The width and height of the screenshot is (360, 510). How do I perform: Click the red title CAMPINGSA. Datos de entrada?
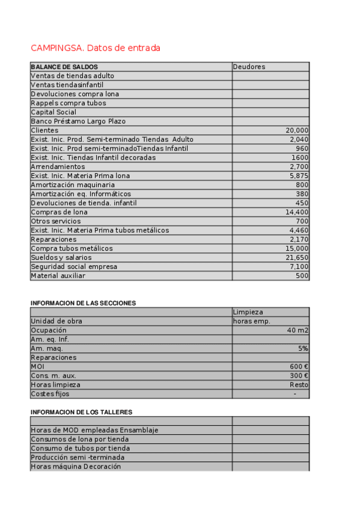[x=95, y=48]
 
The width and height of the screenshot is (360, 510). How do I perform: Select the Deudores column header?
[x=249, y=67]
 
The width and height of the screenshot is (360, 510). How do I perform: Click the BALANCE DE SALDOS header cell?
[x=64, y=67]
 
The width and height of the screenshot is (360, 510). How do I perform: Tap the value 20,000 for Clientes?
[x=297, y=131]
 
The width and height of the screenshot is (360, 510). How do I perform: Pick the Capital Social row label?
[x=53, y=112]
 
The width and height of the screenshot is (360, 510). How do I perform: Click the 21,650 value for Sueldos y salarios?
[x=297, y=257]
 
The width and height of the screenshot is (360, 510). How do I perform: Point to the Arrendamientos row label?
[x=58, y=167]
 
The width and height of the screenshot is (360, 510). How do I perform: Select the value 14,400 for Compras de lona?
[x=297, y=212]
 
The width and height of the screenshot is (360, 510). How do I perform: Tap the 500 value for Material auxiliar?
[x=302, y=275]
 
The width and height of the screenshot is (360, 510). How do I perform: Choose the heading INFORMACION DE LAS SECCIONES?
[x=83, y=303]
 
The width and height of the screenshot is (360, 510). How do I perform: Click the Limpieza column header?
[x=248, y=312]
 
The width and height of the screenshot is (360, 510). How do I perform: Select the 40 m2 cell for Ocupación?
[x=297, y=330]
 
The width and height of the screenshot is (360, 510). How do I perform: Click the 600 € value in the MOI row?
[x=299, y=366]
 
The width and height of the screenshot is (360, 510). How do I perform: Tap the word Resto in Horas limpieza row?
[x=299, y=384]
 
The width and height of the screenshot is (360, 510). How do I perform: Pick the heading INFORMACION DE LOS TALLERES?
[x=81, y=412]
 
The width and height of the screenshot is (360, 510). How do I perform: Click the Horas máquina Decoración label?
[x=76, y=466]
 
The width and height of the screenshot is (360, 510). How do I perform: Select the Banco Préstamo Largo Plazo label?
[x=78, y=121]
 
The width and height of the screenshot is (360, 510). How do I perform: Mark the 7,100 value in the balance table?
[x=299, y=266]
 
